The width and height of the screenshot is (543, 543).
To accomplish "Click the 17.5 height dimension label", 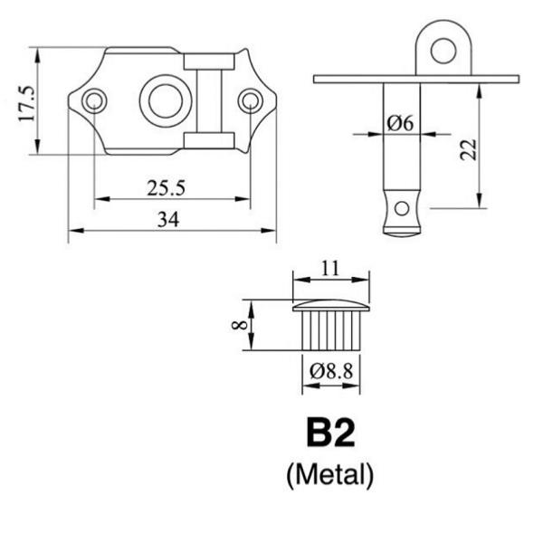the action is coord(27,103).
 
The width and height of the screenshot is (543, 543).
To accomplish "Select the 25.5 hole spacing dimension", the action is coord(166,188).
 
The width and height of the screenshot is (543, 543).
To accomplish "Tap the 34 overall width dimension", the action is coord(168,220).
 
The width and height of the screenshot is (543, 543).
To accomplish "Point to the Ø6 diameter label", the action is coord(400,123).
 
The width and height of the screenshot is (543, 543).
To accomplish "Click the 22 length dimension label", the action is coord(468,149).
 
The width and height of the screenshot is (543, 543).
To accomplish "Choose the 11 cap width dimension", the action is coord(330,268).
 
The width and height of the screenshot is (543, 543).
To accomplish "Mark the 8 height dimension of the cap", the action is coord(239,325).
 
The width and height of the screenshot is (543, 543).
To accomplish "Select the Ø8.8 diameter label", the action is coord(331,371).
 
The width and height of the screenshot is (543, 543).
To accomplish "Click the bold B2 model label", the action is coord(330,433).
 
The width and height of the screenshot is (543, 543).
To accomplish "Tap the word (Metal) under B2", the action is coord(330,475).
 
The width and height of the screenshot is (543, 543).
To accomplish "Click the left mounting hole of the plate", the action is coord(94,100).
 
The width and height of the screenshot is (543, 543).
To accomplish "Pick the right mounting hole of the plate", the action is coord(250,100).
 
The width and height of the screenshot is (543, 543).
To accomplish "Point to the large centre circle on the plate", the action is coord(166,100).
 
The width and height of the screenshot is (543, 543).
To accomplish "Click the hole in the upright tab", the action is coord(443,51).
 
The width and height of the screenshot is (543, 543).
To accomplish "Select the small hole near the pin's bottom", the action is coord(402,208).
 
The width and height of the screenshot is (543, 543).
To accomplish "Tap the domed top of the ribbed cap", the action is coord(331,306).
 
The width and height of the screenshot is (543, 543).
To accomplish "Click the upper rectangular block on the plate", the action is coord(209,62).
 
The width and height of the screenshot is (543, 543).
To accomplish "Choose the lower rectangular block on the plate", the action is coord(209,140).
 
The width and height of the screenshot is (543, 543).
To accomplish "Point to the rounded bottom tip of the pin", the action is coord(402,234).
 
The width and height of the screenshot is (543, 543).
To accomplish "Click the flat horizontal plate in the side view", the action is coord(416,79).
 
